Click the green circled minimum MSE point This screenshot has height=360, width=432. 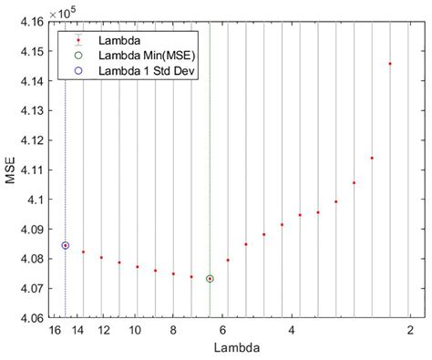tap(210, 279)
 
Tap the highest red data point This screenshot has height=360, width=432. tap(390, 64)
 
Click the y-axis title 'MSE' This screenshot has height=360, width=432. tap(12, 170)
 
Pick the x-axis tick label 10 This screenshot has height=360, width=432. tap(135, 329)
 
